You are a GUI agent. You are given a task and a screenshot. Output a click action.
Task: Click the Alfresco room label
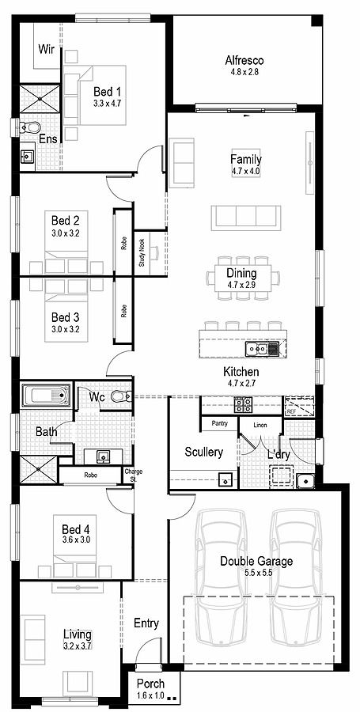[244, 60]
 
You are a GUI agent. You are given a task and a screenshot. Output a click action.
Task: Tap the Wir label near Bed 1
[46, 48]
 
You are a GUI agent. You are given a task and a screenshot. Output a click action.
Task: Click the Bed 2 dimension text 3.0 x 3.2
[66, 233]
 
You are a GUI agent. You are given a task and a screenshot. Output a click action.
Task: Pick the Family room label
[245, 159]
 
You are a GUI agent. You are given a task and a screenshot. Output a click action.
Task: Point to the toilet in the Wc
[119, 396]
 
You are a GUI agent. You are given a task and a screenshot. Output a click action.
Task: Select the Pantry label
[219, 424]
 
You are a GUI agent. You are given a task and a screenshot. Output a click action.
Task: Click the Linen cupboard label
[260, 426]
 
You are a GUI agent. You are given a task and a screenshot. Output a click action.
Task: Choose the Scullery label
[203, 452]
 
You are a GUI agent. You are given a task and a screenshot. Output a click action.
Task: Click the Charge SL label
[134, 475]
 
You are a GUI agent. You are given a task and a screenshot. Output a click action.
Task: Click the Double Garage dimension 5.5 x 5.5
[256, 574]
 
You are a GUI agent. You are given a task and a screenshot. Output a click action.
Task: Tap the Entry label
[146, 623]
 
